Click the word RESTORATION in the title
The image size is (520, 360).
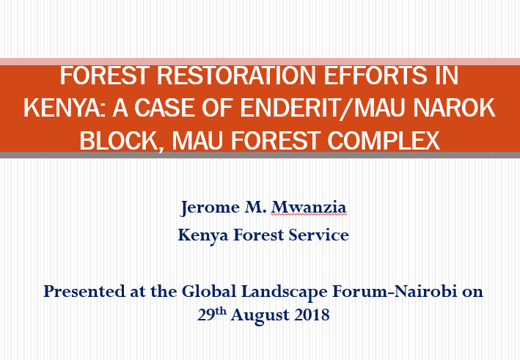point(235,76)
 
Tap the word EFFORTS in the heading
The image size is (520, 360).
point(375,76)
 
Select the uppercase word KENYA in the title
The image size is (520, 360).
point(65,108)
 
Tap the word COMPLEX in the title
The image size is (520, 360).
point(384,140)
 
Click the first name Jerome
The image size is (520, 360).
point(210,207)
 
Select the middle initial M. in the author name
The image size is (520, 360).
point(255,207)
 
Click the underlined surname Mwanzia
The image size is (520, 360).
point(309,207)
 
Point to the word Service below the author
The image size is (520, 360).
point(319,235)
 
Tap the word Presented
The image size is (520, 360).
point(84,291)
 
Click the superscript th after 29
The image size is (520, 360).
point(221,311)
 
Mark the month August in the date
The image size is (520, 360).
point(260,315)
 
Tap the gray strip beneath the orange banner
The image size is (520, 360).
point(260,155)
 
